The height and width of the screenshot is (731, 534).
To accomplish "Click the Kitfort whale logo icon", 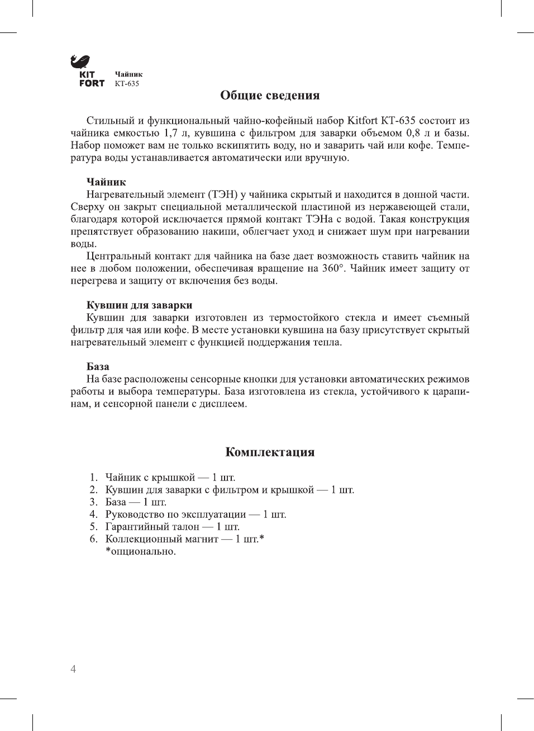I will tap(81, 62).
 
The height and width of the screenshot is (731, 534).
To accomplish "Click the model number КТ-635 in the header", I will tap(127, 84).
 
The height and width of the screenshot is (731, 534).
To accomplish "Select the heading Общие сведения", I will tap(270, 95).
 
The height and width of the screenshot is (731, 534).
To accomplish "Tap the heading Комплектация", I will tap(270, 452).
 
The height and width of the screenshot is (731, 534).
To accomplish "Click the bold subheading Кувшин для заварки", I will tap(139, 305).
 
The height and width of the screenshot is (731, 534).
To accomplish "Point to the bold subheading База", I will tap(98, 367).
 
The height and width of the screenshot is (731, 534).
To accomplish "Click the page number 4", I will tap(73, 669).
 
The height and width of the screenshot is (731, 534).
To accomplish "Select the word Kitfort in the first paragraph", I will tap(362, 121).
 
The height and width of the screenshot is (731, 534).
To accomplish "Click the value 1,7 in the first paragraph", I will tap(170, 133).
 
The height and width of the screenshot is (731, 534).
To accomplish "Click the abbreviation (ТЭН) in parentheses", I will tap(223, 195).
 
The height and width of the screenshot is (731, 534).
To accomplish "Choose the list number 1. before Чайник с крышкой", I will tap(93, 478).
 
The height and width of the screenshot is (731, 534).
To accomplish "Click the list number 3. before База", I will tap(93, 502).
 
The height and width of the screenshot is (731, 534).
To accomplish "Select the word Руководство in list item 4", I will tap(132, 515).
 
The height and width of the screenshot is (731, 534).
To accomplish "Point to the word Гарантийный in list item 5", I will tap(136, 527).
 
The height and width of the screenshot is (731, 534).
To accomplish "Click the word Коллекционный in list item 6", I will tap(142, 539).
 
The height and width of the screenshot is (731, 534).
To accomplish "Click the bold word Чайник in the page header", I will tap(128, 74).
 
